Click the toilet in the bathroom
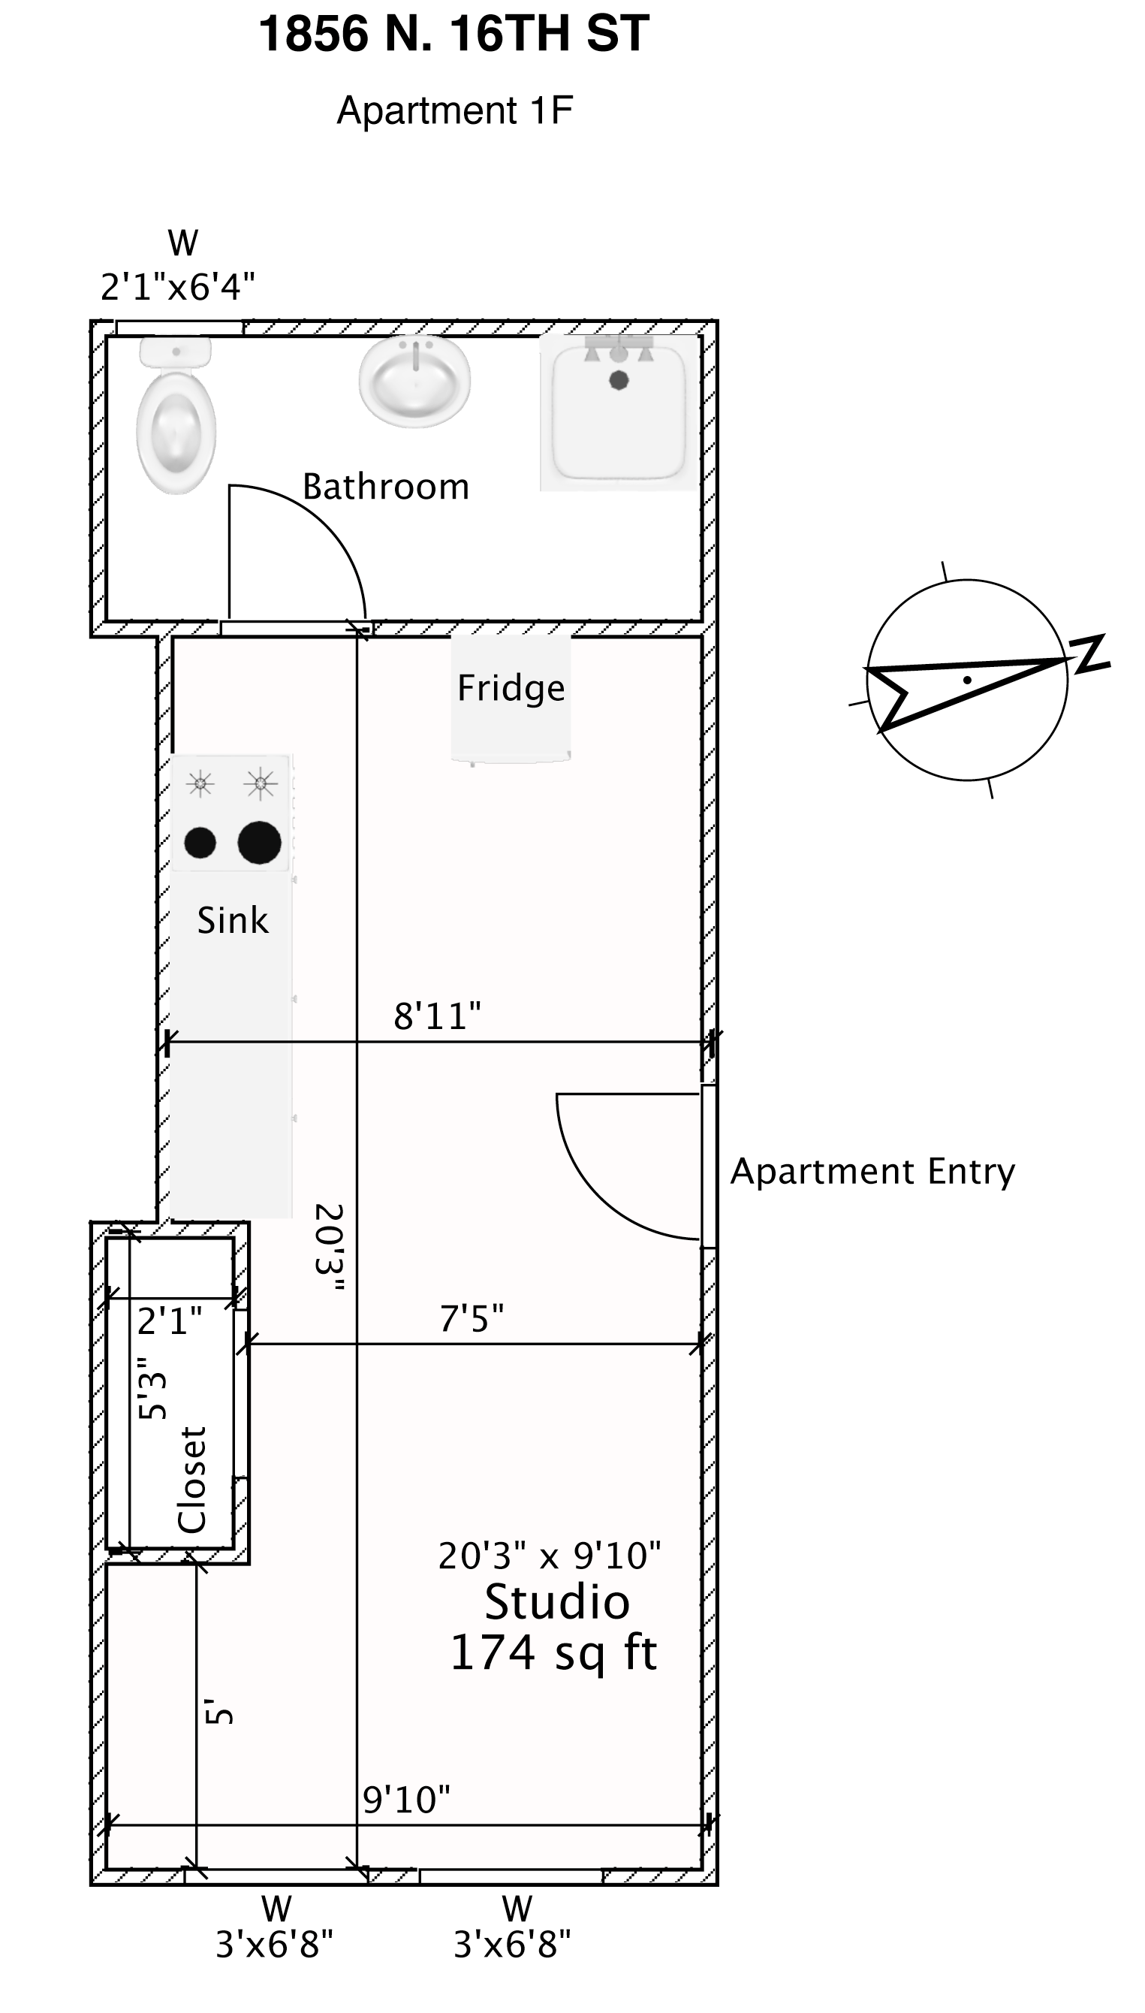pos(176,415)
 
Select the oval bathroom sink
pos(414,382)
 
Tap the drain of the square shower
pos(619,381)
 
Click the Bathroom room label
pos(385,487)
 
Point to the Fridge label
pos(511,688)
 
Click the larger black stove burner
pos(260,843)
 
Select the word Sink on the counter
pos(233,919)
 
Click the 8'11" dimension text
pos(437,1016)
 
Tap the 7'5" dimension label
pos(471,1318)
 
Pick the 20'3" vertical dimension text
pos(330,1248)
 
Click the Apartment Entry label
pos(873,1171)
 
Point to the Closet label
pos(192,1480)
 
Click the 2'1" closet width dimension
pos(170,1320)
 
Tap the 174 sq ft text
pos(553,1652)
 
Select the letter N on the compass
pos(1092,653)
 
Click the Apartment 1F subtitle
pos(454,110)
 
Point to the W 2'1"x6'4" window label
pos(179,265)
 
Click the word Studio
pos(557,1602)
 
